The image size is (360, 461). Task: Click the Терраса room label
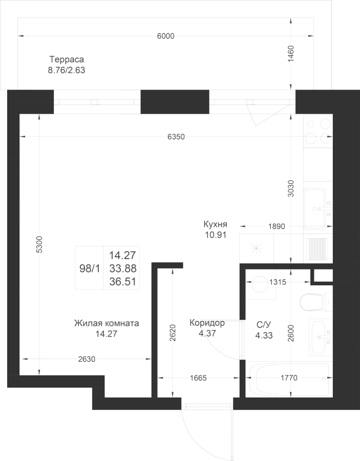click(x=66, y=59)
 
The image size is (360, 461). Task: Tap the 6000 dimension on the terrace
click(x=165, y=36)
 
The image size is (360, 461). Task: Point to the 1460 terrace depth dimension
click(x=291, y=54)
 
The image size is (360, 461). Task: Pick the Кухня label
click(x=215, y=225)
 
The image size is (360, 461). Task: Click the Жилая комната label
click(x=106, y=324)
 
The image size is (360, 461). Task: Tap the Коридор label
click(x=207, y=323)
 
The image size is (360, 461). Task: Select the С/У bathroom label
click(x=263, y=324)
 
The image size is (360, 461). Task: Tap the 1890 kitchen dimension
click(x=277, y=225)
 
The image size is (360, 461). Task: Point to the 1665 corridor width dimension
click(x=198, y=379)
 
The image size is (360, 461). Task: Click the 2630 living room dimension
click(x=87, y=359)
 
